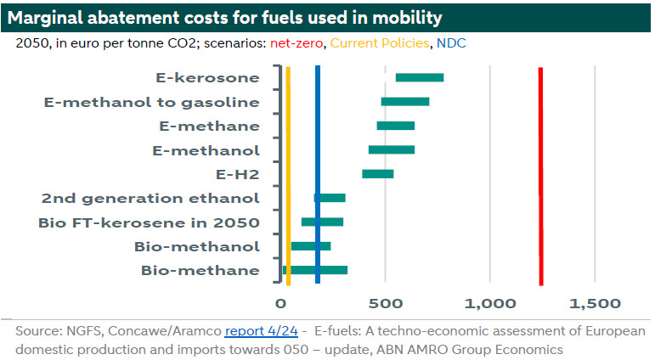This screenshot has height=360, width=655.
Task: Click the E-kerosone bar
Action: point(420,78)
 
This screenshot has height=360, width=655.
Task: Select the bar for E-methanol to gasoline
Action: point(404,102)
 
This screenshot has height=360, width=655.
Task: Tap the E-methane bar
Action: point(396,126)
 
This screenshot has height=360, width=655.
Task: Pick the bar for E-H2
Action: point(378,174)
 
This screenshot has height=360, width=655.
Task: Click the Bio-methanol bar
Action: point(311,246)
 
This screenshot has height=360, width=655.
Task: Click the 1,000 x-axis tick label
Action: point(490,303)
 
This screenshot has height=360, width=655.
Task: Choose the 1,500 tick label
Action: point(595,303)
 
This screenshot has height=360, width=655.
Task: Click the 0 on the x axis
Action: point(280,303)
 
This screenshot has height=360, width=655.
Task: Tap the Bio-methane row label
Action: point(200,270)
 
